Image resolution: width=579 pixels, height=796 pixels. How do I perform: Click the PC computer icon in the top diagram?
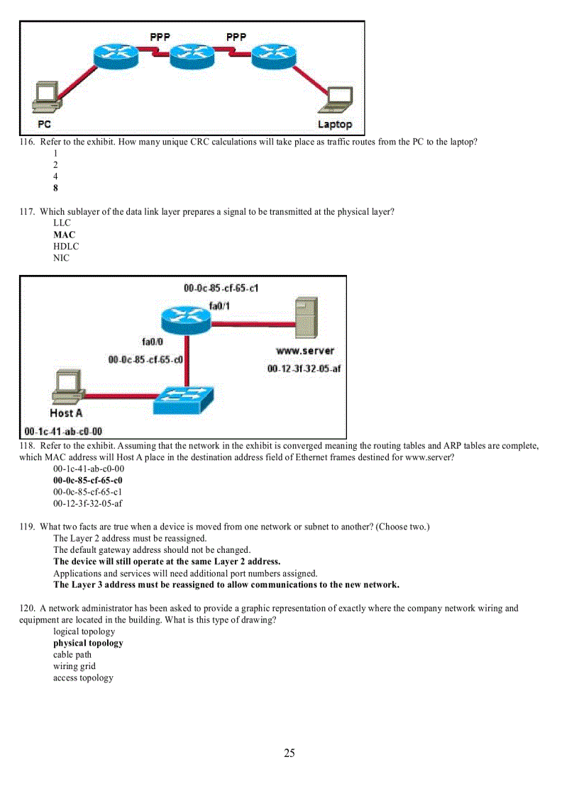click(48, 97)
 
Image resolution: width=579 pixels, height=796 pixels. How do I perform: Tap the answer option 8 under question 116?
click(55, 188)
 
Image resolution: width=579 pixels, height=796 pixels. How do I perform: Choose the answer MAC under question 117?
click(64, 235)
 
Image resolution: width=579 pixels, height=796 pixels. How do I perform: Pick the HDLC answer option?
click(66, 247)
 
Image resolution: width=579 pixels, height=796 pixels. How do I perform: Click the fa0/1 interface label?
click(219, 305)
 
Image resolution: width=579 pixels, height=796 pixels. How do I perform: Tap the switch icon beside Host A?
click(182, 400)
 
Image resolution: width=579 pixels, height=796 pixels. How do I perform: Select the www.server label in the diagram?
click(304, 351)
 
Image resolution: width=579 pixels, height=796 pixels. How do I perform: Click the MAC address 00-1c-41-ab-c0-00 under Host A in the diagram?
click(63, 431)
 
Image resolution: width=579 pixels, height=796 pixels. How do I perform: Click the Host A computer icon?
click(68, 388)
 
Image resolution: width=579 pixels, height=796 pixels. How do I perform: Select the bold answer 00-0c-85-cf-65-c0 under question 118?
click(88, 481)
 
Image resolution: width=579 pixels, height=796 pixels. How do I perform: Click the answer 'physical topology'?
click(88, 644)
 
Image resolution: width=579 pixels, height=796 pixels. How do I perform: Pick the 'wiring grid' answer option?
click(75, 666)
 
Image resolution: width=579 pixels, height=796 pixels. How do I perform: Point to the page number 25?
click(289, 753)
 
